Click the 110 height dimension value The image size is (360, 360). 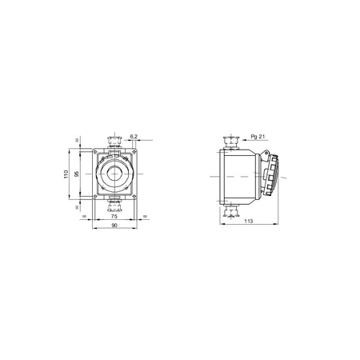[x=66, y=174]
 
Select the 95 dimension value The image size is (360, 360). [x=77, y=174]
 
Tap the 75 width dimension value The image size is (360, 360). [x=114, y=216]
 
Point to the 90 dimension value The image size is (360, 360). [x=114, y=226]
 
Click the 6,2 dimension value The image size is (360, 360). [x=134, y=137]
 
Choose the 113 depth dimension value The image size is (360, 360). [x=248, y=221]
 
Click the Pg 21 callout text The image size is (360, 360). [x=258, y=137]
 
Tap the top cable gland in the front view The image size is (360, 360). [x=114, y=142]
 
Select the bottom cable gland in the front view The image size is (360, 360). [x=114, y=205]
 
